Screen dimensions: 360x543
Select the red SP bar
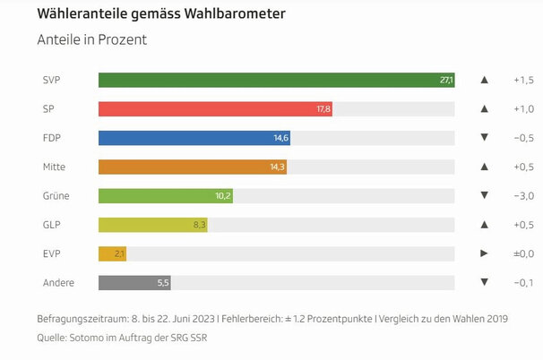coord(215,109)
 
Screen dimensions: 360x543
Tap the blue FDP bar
coord(194,138)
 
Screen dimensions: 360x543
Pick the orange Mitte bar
coord(192,167)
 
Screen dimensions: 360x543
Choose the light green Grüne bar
coord(165,195)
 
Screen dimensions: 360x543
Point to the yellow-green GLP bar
coord(152,225)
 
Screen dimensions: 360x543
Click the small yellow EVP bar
coord(111,253)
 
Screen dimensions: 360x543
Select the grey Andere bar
coord(134,282)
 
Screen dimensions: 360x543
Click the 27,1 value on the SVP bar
coord(446,81)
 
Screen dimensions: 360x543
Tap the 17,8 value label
coord(323,109)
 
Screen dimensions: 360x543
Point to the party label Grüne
coord(56,195)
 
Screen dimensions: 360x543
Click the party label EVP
coord(51,253)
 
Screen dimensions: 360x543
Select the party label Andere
coord(58,282)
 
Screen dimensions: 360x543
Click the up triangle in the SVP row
coord(484,81)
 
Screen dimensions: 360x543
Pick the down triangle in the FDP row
coord(484,138)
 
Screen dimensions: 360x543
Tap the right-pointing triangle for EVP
coord(484,253)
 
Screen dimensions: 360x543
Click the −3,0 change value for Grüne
coord(523,195)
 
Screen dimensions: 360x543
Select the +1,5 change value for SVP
coord(523,81)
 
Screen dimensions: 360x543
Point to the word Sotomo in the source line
coord(89,338)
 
